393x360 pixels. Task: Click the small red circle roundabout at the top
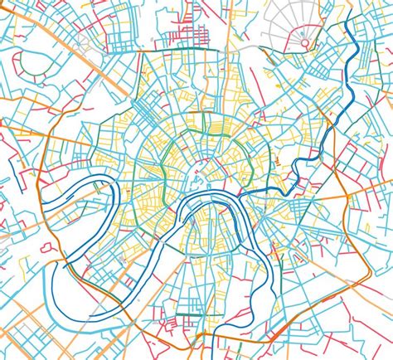(x=305, y=42)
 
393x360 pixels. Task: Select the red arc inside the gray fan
(x=304, y=32)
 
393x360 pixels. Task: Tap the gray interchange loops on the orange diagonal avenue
(x=85, y=58)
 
